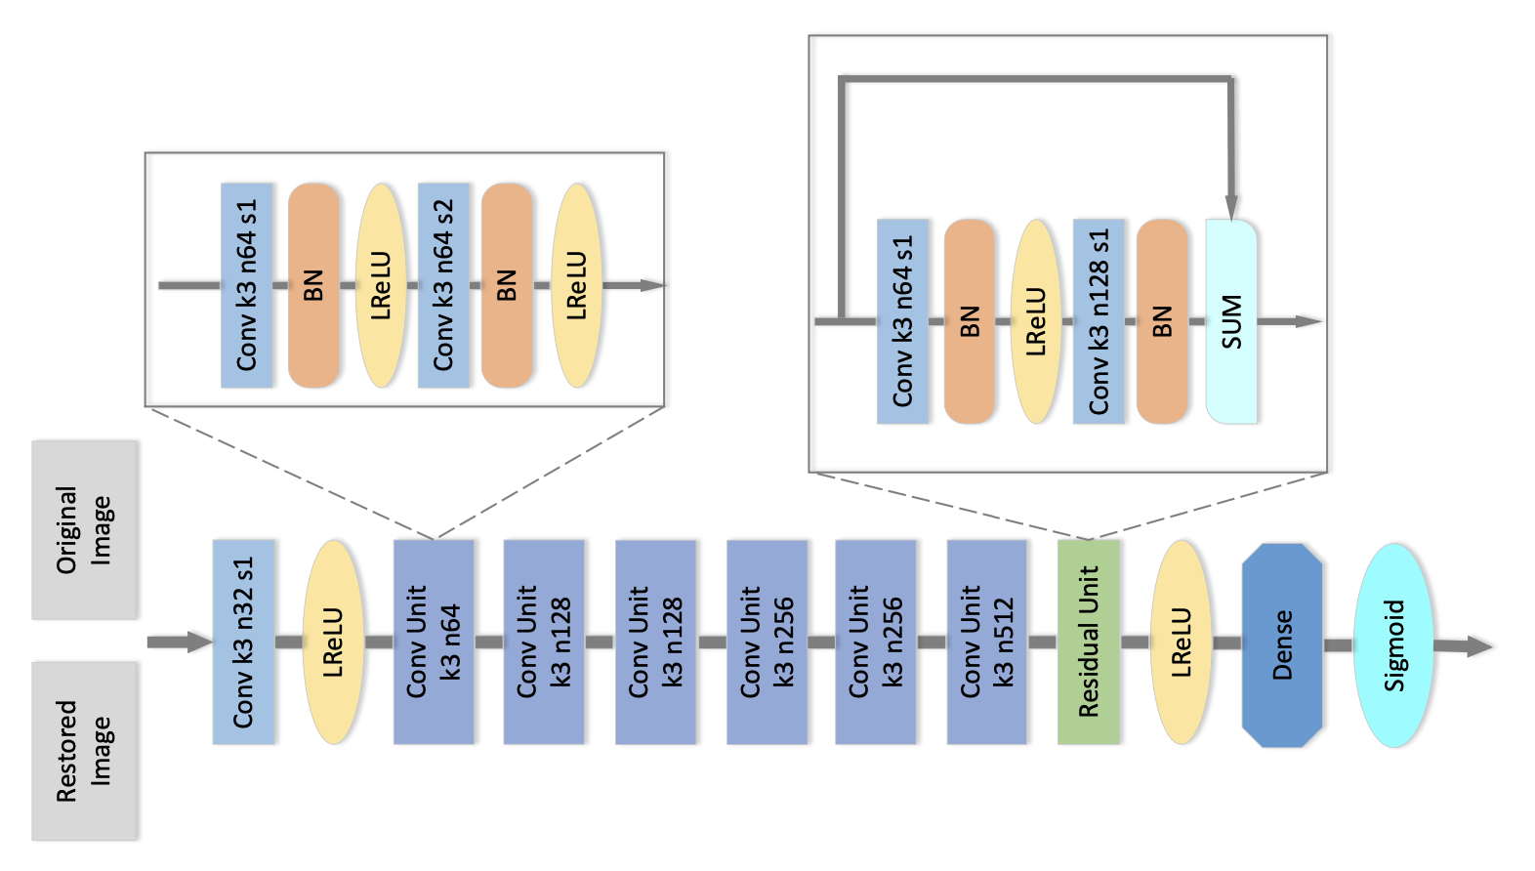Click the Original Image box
[84, 529]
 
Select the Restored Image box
[84, 750]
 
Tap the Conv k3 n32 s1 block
[243, 642]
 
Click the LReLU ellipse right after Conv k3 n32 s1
[333, 642]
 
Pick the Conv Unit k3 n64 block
[434, 642]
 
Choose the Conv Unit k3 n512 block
[986, 642]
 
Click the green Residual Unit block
[1088, 642]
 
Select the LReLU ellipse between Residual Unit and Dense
[1181, 642]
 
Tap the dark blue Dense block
[1281, 644]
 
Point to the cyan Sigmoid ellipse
[1393, 644]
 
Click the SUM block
[1230, 321]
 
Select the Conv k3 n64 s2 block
[443, 285]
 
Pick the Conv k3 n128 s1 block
[1099, 321]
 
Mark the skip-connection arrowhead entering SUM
[1231, 208]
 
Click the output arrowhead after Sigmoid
[1478, 645]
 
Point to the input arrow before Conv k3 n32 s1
[180, 642]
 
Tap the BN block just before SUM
[1161, 321]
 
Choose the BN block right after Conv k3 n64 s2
[507, 285]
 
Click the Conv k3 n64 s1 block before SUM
[902, 321]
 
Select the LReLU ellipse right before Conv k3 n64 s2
[381, 285]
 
